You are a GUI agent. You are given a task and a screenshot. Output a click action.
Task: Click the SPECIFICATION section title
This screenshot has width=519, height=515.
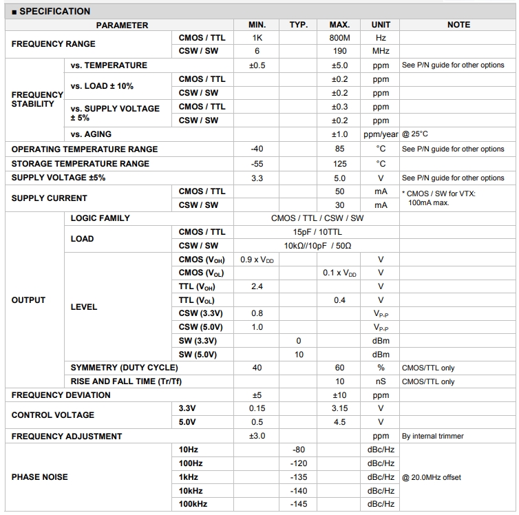51,11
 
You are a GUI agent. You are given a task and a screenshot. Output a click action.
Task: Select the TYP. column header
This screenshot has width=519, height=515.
298,25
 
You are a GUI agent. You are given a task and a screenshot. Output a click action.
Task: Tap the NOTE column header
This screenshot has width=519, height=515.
458,25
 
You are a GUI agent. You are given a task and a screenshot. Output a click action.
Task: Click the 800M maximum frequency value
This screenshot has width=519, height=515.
339,38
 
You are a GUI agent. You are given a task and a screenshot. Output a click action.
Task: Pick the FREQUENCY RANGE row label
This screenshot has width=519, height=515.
54,44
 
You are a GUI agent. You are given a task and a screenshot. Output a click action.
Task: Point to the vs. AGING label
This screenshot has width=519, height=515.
91,134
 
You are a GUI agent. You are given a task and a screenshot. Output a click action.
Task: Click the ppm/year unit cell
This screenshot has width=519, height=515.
381,134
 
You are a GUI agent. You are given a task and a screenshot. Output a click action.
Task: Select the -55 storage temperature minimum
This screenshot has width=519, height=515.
257,164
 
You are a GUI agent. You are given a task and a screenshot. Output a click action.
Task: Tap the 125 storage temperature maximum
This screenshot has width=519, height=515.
339,164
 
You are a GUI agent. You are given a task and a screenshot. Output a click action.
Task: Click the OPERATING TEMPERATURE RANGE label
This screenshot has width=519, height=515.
85,149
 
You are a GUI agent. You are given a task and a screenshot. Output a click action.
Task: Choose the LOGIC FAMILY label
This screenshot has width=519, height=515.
100,218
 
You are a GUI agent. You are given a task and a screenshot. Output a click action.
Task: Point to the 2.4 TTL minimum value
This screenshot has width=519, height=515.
257,286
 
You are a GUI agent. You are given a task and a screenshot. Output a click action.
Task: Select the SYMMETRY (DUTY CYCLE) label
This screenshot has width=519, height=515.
124,368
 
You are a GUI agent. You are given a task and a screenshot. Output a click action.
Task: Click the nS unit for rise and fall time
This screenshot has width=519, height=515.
381,381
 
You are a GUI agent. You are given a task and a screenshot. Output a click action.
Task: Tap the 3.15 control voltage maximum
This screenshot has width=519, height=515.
339,408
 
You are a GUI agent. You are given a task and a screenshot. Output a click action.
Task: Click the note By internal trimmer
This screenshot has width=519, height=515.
432,436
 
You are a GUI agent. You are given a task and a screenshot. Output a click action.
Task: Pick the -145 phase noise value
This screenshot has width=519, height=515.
298,505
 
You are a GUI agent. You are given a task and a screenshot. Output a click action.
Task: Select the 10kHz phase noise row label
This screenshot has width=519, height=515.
191,491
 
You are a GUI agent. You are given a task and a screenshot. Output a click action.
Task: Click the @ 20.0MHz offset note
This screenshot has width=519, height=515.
432,477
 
